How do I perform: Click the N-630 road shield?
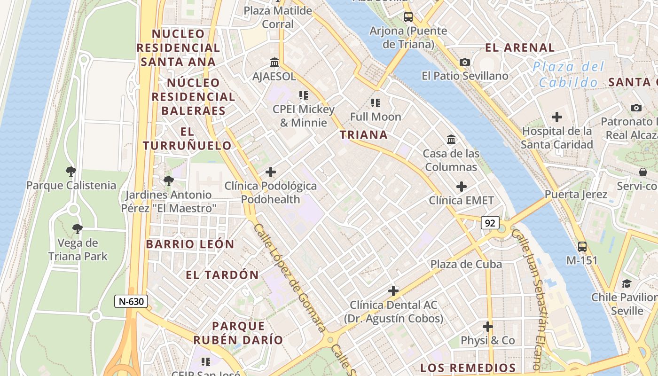[x=131, y=301]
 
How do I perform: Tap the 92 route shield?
[x=490, y=223]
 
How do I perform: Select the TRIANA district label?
[x=364, y=135]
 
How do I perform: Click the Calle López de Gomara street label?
[x=290, y=278]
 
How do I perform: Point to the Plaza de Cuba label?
[x=466, y=264]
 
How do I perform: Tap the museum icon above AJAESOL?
[x=274, y=62]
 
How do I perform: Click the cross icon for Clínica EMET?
[x=462, y=187]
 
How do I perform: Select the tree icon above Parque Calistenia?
[x=71, y=171]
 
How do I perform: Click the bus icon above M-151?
[x=582, y=246]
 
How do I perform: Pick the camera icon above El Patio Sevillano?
[x=465, y=62]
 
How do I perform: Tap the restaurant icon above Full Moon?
[x=375, y=102]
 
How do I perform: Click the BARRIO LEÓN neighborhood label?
[x=190, y=244]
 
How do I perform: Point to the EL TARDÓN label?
[x=222, y=275]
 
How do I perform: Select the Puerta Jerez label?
[x=576, y=194]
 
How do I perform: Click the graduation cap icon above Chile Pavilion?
[x=627, y=283]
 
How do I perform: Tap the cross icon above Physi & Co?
[x=488, y=326]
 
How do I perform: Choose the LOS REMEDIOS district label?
[x=468, y=368]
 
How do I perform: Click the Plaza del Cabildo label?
[x=569, y=74]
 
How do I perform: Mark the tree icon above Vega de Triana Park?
[x=78, y=229]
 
